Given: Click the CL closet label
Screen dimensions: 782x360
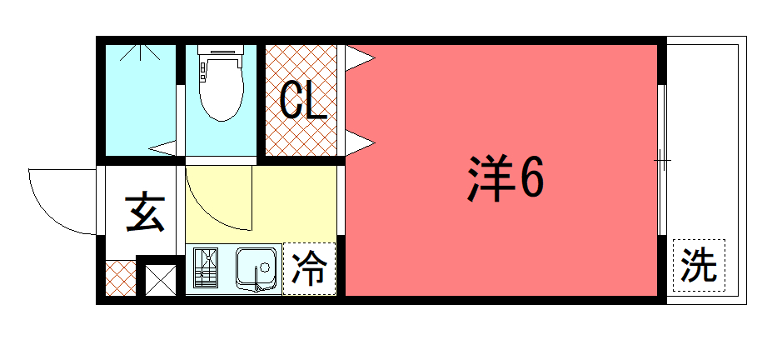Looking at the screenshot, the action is (303, 100).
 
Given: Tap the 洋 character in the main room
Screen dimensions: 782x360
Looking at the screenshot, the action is (491, 178).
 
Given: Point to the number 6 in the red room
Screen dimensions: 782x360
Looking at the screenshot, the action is (531, 178).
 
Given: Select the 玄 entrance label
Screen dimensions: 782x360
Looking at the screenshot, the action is (145, 212).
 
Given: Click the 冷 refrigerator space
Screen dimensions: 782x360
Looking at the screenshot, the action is (309, 268).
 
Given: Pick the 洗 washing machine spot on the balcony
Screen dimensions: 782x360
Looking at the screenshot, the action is (699, 265).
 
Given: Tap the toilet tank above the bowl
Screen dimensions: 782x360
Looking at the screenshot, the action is (221, 49).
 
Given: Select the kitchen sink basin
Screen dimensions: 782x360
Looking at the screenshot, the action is (257, 268).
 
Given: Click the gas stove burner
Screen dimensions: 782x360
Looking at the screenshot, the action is (206, 267).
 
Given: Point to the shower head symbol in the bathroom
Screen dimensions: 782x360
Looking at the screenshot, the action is (141, 52).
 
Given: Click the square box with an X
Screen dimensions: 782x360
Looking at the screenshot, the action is (161, 280).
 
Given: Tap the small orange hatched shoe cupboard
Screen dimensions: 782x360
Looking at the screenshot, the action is (121, 277).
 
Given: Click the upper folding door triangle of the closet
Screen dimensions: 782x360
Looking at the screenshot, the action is (360, 58).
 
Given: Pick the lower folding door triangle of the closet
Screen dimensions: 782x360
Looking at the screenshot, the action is (360, 143).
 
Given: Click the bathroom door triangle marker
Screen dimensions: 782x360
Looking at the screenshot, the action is (162, 147).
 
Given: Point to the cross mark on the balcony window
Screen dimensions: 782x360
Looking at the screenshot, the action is (662, 160).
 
